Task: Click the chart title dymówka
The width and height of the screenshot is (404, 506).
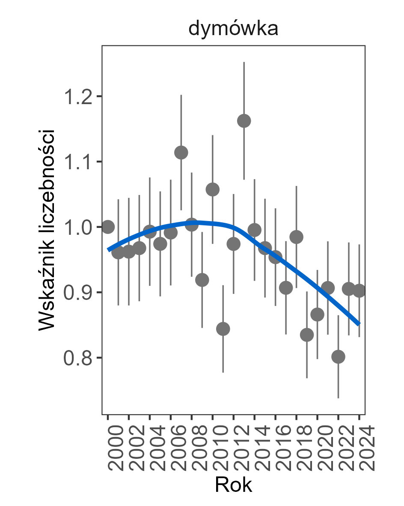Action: coord(234,29)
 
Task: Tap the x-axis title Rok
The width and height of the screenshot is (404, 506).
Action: coord(233,485)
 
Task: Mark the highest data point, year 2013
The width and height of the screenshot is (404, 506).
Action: coord(244,121)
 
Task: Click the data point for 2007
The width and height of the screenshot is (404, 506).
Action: coord(181,152)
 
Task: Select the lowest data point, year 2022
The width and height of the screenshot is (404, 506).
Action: coord(338,356)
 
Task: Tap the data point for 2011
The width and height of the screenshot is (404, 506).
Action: coord(223,329)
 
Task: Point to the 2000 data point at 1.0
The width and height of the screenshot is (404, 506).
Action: coord(108,227)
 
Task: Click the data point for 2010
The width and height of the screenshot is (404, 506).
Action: coord(213,189)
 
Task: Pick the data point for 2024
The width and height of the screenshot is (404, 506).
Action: coord(359,290)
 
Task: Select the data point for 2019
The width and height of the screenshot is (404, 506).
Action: coord(307,335)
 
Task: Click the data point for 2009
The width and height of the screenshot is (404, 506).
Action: coord(202,280)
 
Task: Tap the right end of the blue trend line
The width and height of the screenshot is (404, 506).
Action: coord(359,323)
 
